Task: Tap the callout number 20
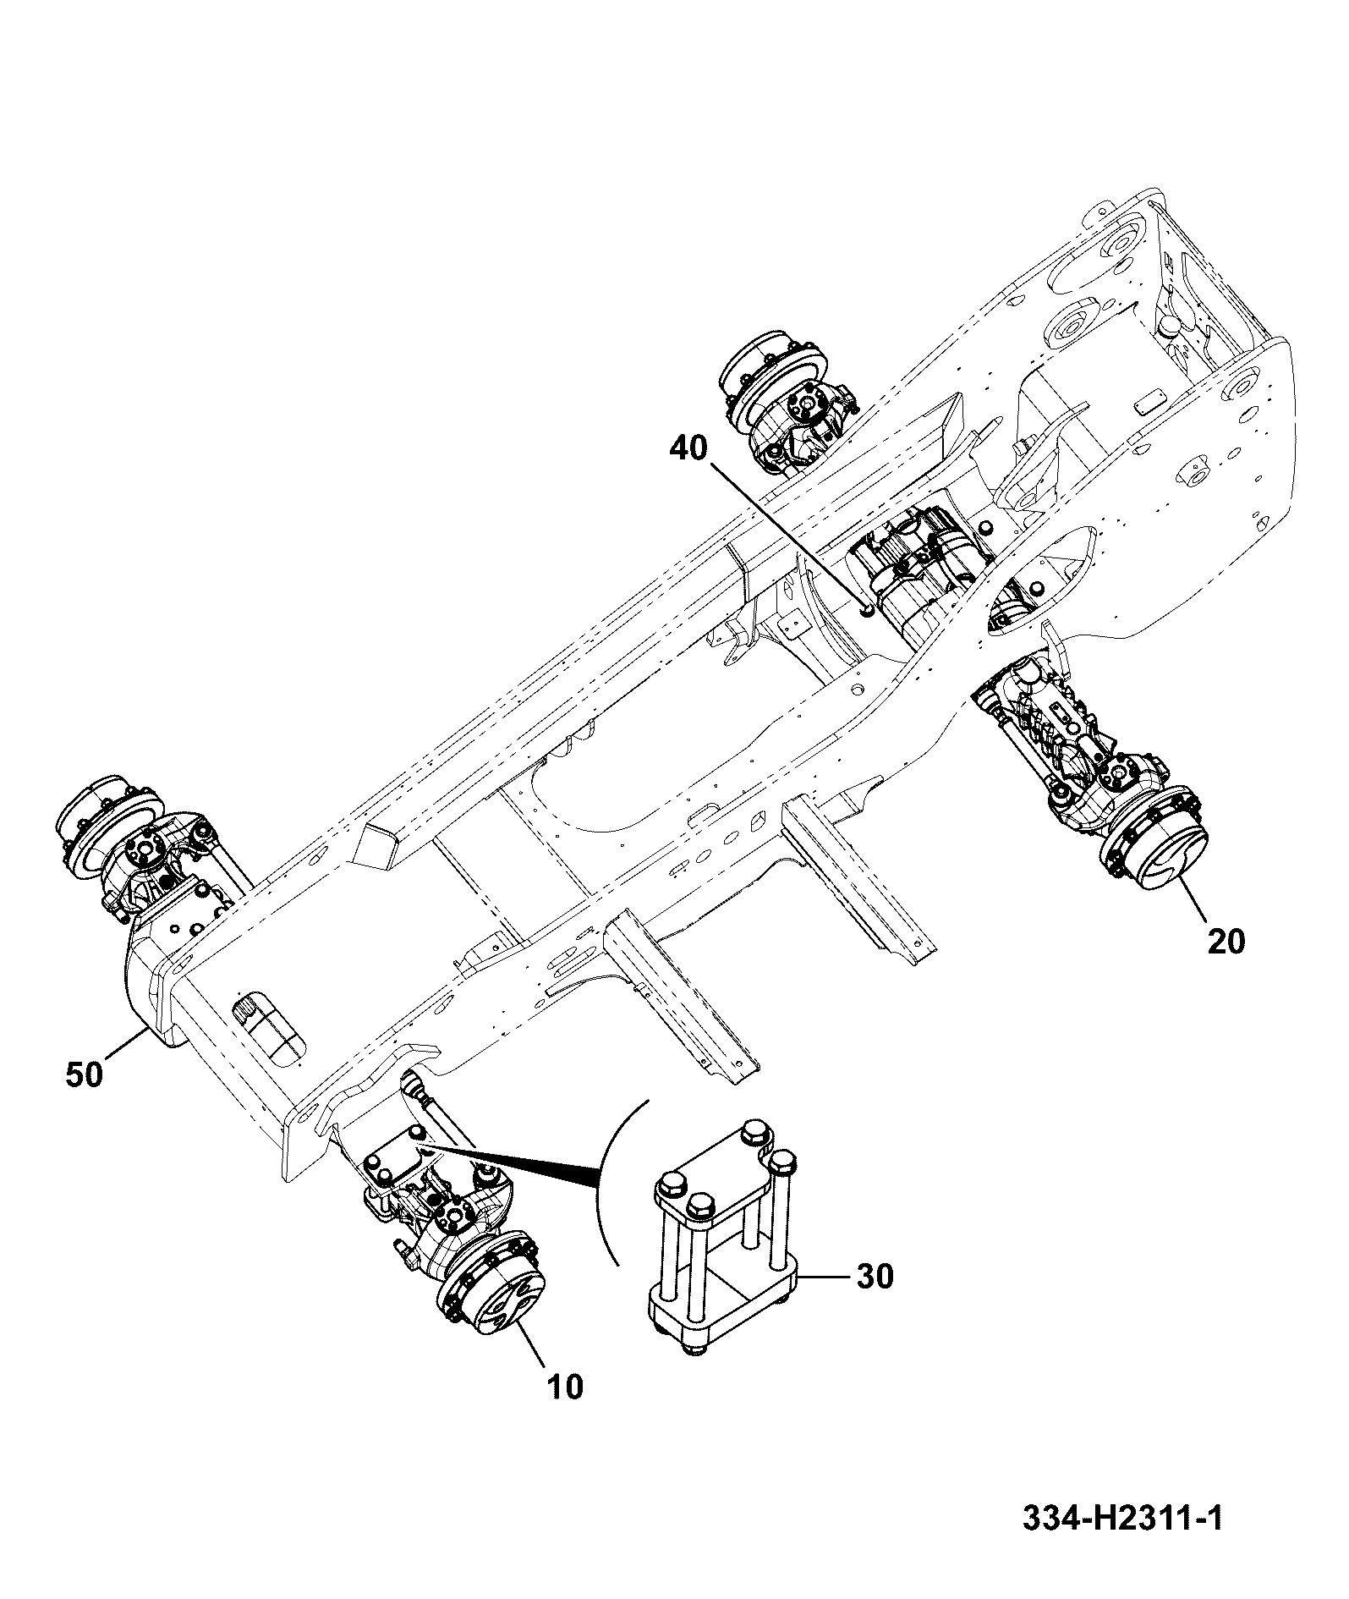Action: pyautogui.click(x=1226, y=941)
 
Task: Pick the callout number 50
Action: pyautogui.click(x=84, y=1074)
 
